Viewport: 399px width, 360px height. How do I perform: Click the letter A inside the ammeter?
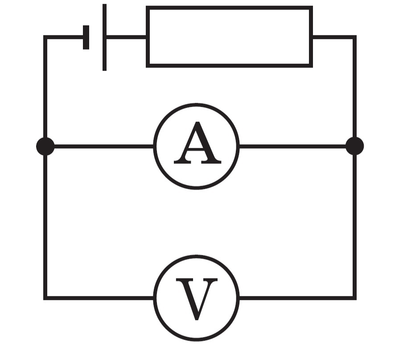coord(197,143)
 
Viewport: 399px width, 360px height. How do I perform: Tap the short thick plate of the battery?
coord(86,37)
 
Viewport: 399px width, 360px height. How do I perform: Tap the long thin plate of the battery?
coord(104,37)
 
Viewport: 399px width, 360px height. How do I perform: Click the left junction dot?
coord(45,146)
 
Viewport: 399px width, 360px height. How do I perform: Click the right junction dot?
coord(355,146)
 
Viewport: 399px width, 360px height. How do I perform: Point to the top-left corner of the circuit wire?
coord(45,37)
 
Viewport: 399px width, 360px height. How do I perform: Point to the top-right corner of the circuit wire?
coord(355,37)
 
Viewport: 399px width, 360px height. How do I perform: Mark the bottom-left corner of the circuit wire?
coord(45,298)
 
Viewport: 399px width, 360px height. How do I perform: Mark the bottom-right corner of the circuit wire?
coord(355,298)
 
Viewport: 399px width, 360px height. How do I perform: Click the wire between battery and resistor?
coord(126,37)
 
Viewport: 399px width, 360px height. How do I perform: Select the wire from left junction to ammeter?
coord(104,146)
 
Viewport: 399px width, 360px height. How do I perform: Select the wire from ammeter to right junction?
coord(292,146)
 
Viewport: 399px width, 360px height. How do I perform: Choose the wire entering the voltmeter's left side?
coord(99,298)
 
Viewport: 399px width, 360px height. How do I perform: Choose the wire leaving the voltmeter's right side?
coord(297,298)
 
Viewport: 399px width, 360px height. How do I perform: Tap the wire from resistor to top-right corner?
coord(333,37)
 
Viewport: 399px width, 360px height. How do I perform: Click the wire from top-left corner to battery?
coord(64,37)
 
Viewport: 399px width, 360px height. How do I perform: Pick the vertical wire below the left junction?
coord(45,227)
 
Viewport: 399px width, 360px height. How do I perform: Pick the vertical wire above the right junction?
coord(355,87)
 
